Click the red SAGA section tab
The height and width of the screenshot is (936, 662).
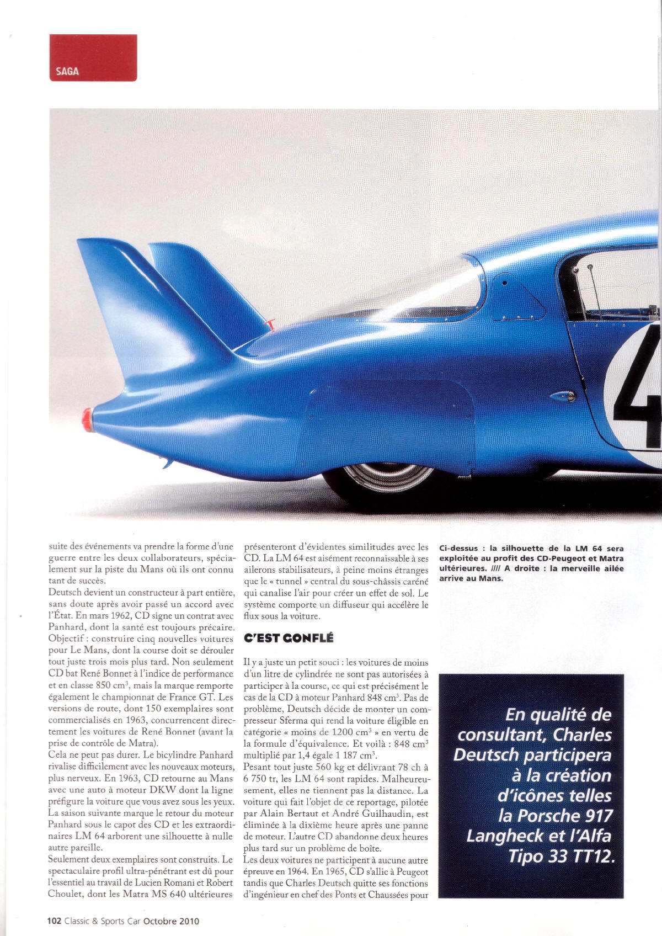93,59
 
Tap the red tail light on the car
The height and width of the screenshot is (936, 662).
87,419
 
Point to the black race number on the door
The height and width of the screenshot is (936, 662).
640,386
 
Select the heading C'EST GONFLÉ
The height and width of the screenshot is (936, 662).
289,638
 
